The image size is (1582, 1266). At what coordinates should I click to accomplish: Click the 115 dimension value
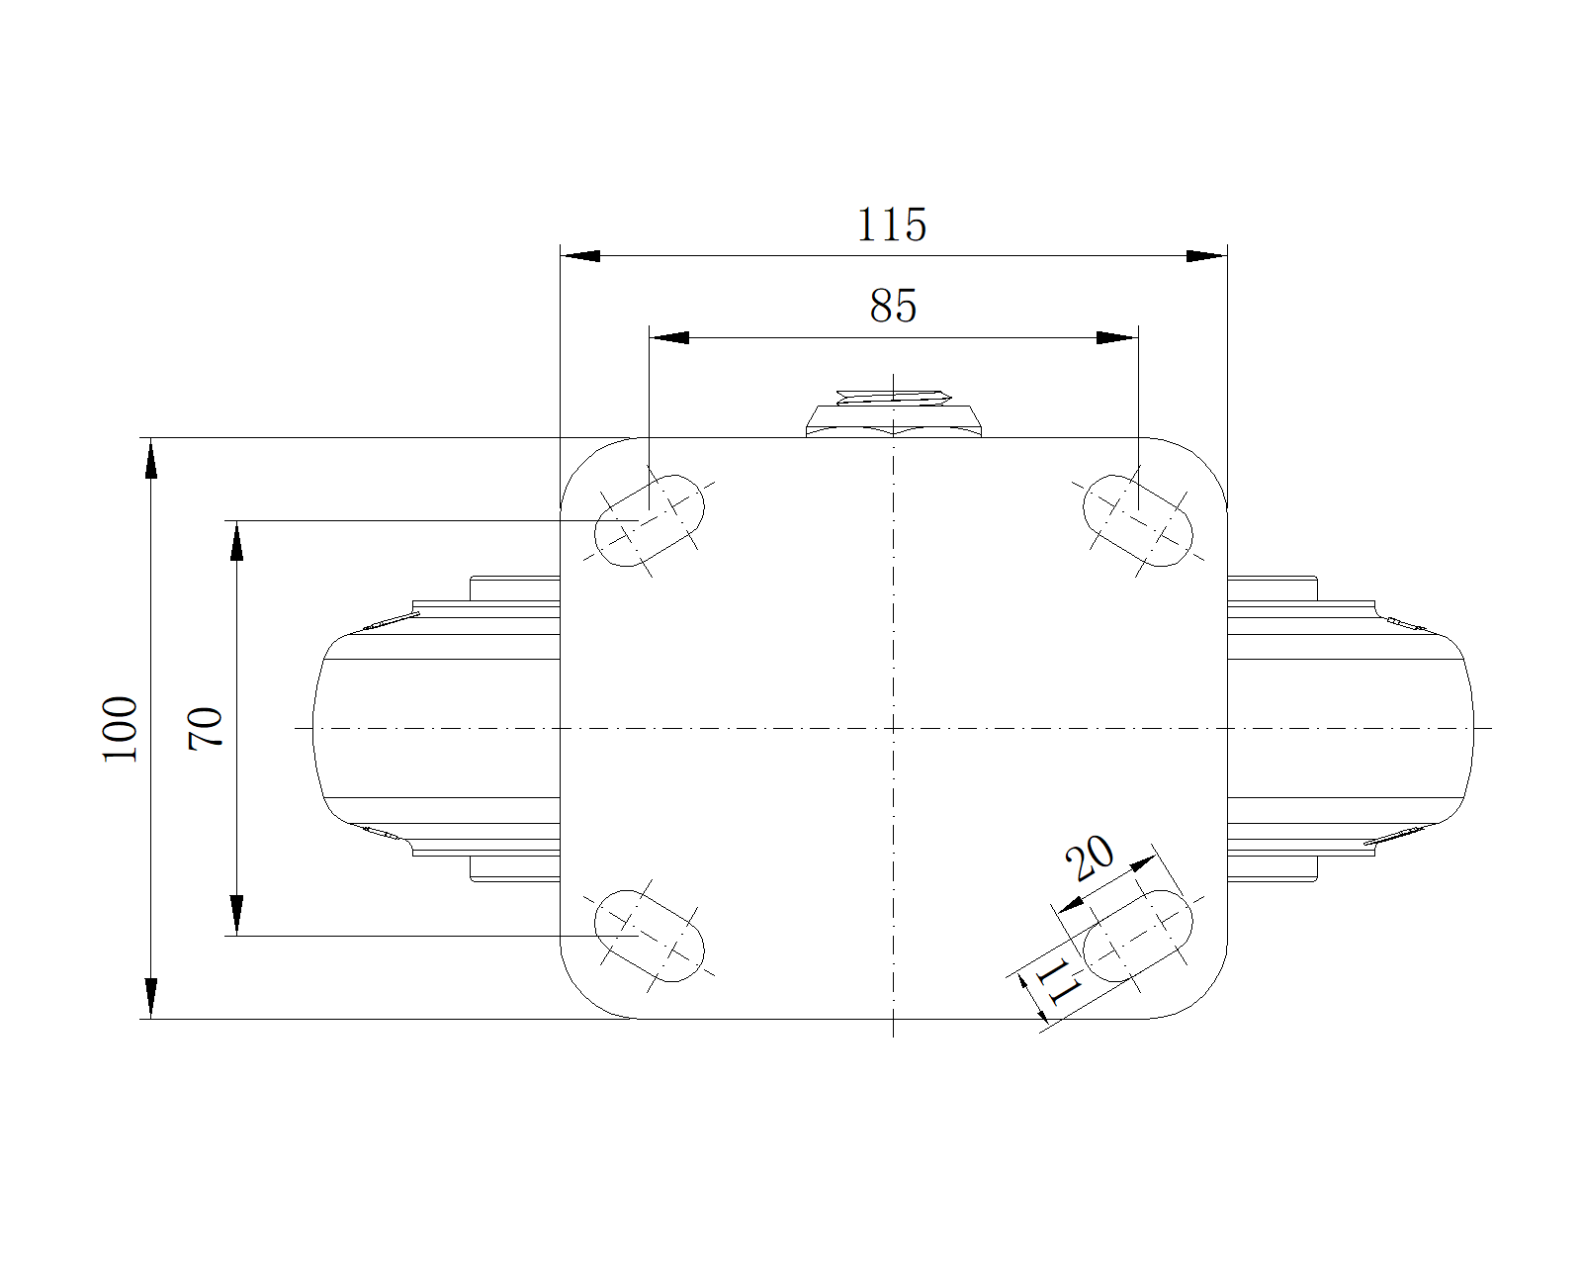pos(892,225)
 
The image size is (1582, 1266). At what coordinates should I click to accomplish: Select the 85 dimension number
pos(893,306)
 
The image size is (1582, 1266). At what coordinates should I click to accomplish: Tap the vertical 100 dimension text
pos(119,729)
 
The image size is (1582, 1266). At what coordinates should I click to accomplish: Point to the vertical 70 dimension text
pos(205,728)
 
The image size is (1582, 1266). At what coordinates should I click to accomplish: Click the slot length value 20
pos(1090,858)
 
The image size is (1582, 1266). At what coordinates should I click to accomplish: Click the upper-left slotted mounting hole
pos(650,521)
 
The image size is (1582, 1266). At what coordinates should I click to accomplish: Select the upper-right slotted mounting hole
pos(1138,521)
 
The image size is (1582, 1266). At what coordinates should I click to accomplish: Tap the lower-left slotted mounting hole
pos(650,936)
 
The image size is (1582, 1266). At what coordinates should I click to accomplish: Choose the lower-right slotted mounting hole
pos(1138,936)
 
